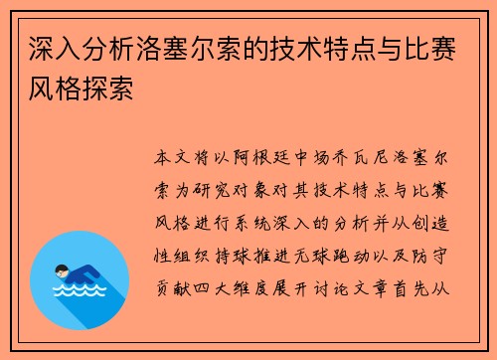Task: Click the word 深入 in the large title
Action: click(x=55, y=49)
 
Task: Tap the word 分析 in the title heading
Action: click(x=109, y=49)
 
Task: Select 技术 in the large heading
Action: click(x=296, y=49)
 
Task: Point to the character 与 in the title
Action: click(x=391, y=49)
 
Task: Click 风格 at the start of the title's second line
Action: click(x=55, y=89)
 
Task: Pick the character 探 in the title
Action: click(x=95, y=89)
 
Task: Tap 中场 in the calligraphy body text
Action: click(x=311, y=157)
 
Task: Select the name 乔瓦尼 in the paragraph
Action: click(x=360, y=157)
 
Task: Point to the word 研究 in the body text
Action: click(x=212, y=191)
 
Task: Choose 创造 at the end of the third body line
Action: click(x=430, y=223)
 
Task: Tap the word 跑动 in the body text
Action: click(x=351, y=257)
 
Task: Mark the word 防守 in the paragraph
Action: click(x=430, y=257)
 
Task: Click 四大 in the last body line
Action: click(x=212, y=288)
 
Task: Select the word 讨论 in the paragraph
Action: click(x=331, y=288)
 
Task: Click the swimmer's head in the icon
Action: click(x=62, y=271)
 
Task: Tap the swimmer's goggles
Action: click(x=62, y=273)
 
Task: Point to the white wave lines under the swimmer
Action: click(x=80, y=290)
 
